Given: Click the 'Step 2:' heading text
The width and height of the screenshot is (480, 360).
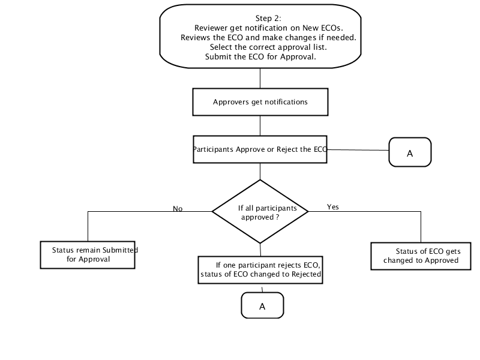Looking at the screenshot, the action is (268, 19).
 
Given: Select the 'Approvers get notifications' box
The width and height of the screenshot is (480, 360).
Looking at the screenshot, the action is (260, 102).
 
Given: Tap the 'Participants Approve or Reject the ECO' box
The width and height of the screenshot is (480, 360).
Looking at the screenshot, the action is (260, 149).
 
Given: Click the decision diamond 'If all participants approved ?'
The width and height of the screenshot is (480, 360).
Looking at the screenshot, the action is (260, 212).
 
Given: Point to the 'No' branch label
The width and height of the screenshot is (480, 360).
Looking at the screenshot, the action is (178, 208).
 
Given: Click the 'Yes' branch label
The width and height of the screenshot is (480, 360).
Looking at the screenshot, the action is (333, 207).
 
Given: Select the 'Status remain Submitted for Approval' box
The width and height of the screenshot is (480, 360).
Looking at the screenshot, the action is (88, 254).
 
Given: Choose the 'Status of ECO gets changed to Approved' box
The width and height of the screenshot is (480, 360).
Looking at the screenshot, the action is (421, 256).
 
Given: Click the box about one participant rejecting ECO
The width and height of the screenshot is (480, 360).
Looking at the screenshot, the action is (260, 269).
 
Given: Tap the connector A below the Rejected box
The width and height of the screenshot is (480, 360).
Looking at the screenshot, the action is (262, 305).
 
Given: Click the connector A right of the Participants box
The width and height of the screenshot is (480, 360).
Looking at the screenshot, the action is (410, 152).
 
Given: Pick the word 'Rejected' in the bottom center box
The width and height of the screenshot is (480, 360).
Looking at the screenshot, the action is (306, 274).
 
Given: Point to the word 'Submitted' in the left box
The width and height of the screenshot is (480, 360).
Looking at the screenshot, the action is (120, 250).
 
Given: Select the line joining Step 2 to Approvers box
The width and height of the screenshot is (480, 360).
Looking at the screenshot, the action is (260, 78).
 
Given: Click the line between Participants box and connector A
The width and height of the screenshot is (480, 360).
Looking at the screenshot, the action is (358, 150).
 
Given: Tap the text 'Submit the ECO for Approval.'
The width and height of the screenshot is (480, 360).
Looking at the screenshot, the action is (260, 56).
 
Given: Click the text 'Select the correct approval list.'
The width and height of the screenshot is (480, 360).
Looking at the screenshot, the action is (268, 47).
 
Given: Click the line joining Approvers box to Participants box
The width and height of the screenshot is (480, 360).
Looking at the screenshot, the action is (260, 126).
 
